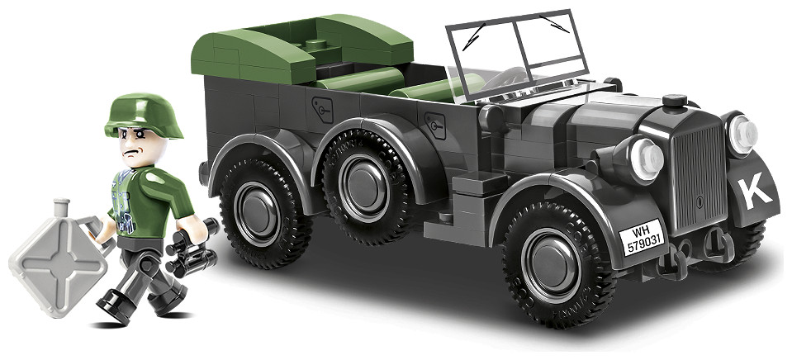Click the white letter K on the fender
click(x=755, y=194)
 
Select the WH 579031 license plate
click(x=642, y=237)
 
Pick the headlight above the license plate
click(x=645, y=159)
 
